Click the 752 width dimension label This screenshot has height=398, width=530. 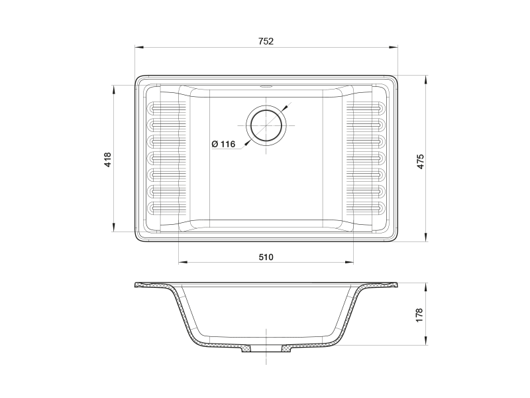[x=266, y=41]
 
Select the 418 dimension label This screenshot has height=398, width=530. [x=108, y=160]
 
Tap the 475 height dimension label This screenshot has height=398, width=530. [x=420, y=162]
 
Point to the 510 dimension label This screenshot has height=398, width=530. [x=266, y=257]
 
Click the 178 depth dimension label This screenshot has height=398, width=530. [x=419, y=314]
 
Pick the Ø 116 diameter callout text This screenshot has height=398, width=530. [x=223, y=144]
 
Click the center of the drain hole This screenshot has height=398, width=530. [x=266, y=125]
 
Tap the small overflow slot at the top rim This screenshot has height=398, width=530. [x=266, y=87]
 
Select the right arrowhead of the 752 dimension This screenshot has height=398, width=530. [x=393, y=47]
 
